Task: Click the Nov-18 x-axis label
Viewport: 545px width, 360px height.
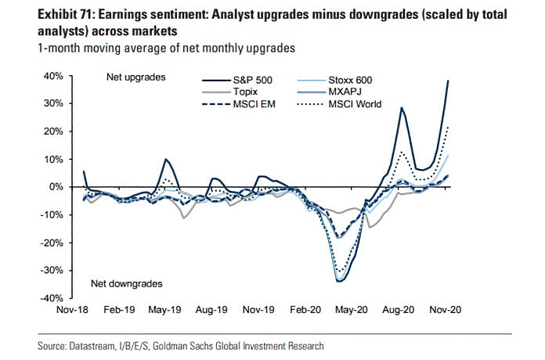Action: pos(73,311)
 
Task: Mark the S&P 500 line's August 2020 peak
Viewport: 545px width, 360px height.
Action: pos(402,108)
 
